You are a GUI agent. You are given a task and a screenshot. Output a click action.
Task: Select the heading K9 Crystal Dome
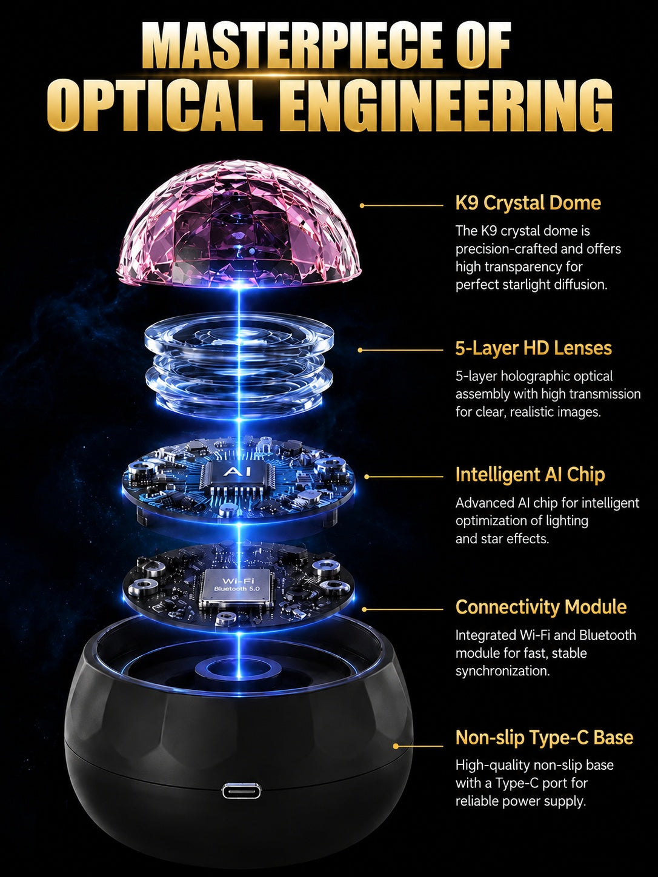pos(528,203)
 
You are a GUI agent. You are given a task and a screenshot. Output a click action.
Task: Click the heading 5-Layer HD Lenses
pos(533,348)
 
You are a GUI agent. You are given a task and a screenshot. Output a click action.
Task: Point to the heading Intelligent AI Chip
pos(530,475)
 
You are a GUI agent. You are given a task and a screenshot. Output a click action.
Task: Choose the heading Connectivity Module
pos(541,607)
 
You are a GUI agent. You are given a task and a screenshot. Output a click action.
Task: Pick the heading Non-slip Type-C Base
pos(544,738)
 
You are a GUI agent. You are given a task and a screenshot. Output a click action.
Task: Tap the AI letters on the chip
pos(238,472)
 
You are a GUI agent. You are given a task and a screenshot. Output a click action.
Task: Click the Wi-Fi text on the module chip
pos(238,581)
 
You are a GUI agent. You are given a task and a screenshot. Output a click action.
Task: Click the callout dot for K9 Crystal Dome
pos(362,205)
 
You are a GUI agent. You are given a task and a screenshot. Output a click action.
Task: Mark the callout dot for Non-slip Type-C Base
pos(396,746)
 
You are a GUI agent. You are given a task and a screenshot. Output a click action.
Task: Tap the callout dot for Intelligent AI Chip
pos(367,477)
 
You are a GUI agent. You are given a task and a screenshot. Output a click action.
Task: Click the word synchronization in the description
pos(503,671)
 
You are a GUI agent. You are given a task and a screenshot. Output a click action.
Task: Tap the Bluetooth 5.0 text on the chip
pos(237,589)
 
